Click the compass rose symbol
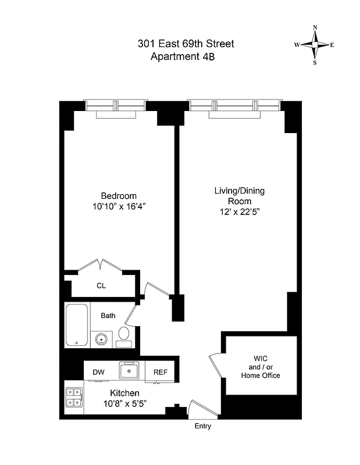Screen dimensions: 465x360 pyautogui.click(x=315, y=45)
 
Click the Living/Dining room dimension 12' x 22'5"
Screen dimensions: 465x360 pyautogui.click(x=236, y=212)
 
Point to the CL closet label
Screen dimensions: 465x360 pyautogui.click(x=101, y=286)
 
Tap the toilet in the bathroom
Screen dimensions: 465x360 pyautogui.click(x=124, y=335)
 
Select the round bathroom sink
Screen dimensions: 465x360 pyautogui.click(x=101, y=338)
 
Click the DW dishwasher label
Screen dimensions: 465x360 pyautogui.click(x=98, y=372)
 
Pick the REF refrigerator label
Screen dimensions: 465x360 pyautogui.click(x=161, y=372)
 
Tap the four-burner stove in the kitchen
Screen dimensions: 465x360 pyautogui.click(x=74, y=396)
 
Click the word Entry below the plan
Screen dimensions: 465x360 pyautogui.click(x=203, y=426)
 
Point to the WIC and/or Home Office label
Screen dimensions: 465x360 pyautogui.click(x=261, y=366)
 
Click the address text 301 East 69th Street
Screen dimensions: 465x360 pyautogui.click(x=186, y=44)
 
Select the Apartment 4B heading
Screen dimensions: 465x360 pyautogui.click(x=186, y=56)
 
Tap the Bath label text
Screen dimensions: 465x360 pyautogui.click(x=108, y=316)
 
